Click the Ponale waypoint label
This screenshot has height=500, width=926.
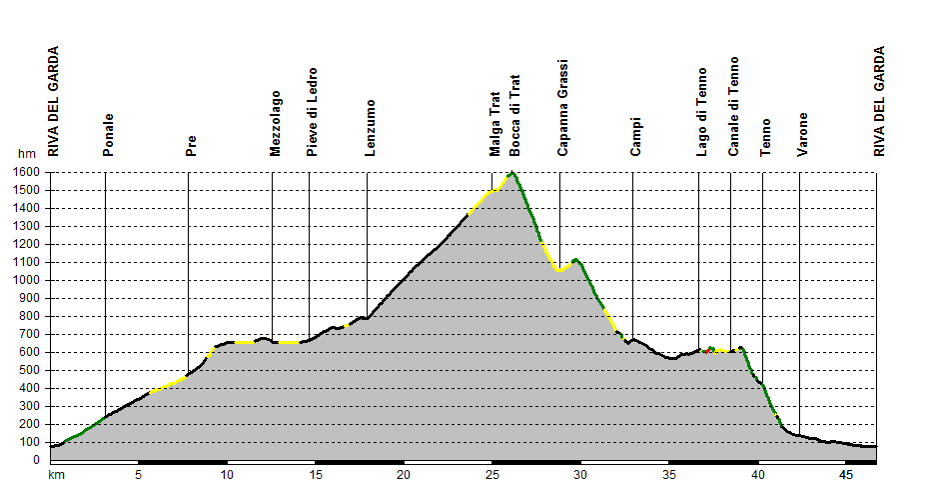coord(108,135)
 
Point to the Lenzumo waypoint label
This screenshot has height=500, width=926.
coord(370,127)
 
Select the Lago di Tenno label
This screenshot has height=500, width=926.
coord(701,112)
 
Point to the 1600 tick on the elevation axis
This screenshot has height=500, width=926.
coord(26,172)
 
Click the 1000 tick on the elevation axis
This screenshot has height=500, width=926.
coord(26,280)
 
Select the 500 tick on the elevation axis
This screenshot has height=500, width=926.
coord(30,370)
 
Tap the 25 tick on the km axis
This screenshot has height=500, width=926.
coord(492,475)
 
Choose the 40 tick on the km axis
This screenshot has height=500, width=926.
coord(758,475)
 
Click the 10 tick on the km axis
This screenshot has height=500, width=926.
coord(227,475)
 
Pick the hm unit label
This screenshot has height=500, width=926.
coord(26,155)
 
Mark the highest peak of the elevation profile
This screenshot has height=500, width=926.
coord(512,173)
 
